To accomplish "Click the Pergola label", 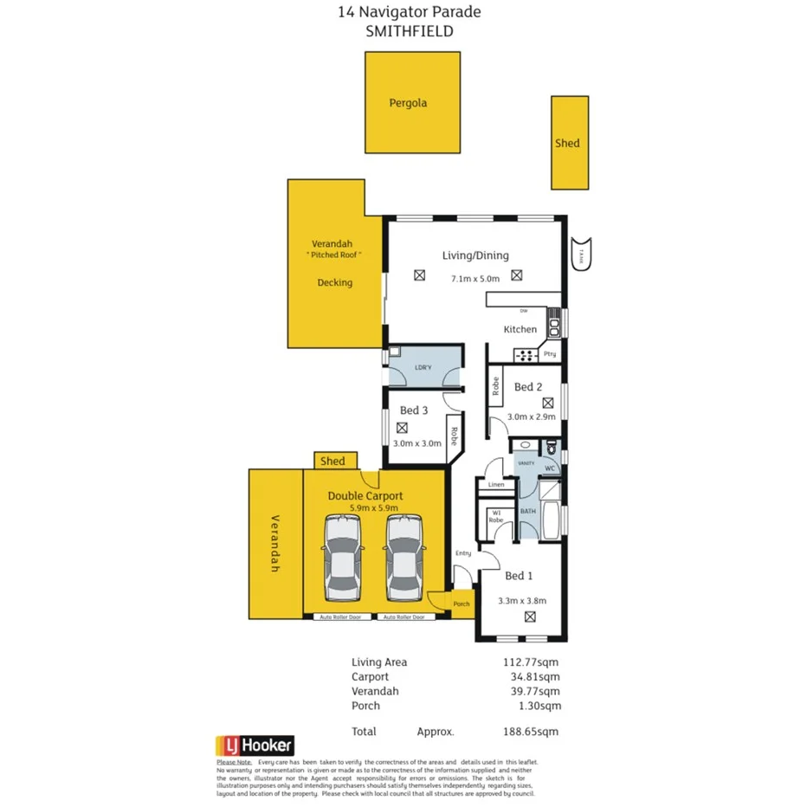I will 407,103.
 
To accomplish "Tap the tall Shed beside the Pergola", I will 569,143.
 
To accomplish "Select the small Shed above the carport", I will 333,462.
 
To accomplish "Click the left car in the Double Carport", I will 344,558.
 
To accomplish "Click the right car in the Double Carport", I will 406,558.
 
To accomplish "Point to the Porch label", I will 461,604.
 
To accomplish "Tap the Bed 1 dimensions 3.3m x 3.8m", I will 522,601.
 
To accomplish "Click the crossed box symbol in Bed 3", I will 402,427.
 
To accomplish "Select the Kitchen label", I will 520,329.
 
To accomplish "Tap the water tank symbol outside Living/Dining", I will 581,254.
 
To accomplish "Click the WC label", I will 549,468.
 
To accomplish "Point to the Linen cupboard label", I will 496,485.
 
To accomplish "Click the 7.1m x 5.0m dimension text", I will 475,279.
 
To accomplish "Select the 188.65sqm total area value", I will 534,731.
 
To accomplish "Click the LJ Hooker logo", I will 255,746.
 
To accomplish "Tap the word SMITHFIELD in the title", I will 410,31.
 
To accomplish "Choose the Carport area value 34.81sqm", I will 536,676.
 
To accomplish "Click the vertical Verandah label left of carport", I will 275,542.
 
